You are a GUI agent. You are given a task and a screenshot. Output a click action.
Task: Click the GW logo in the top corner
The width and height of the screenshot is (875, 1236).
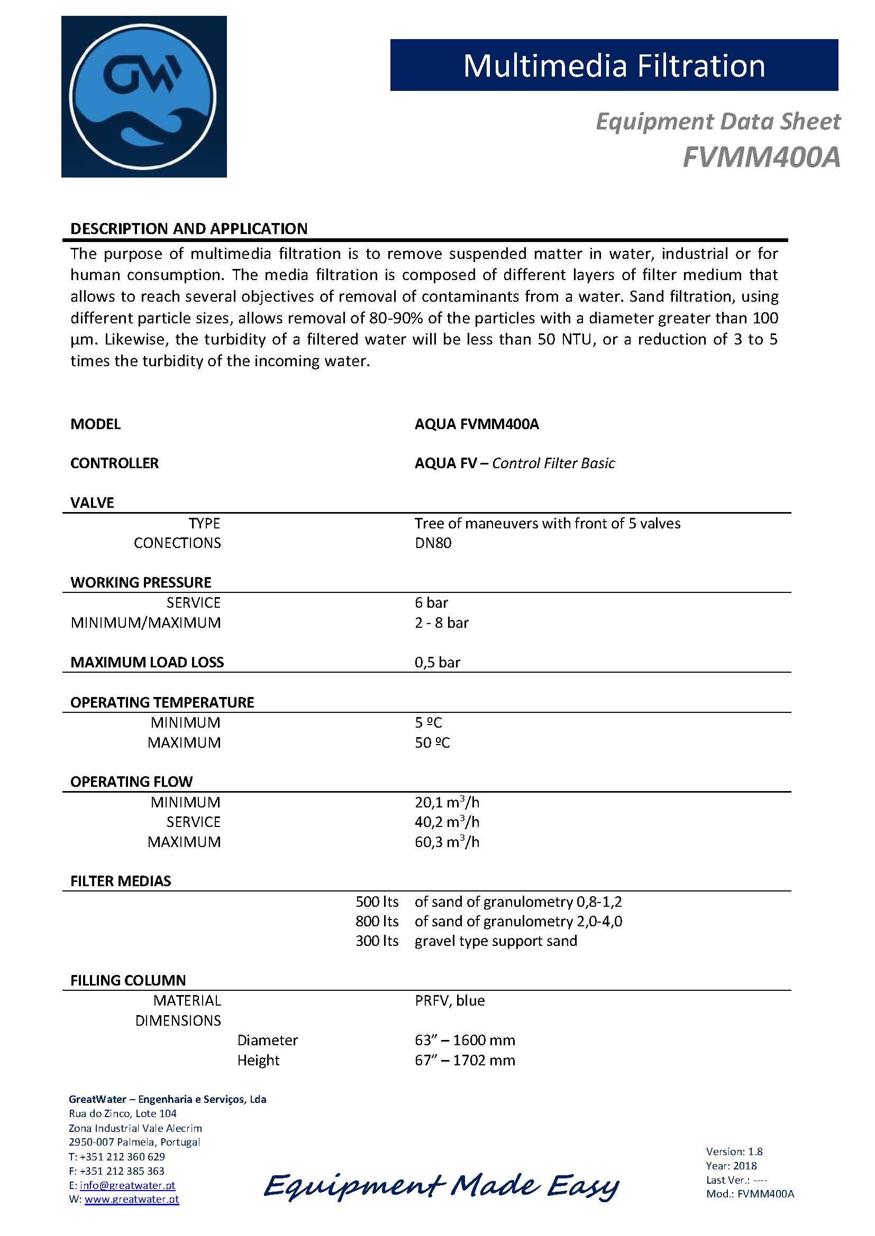point(144,97)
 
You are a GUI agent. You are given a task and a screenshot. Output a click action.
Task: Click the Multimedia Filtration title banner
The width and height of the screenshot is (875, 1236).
point(614,65)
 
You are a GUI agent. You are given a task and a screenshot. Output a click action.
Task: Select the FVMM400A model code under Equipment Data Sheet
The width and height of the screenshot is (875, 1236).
point(761,157)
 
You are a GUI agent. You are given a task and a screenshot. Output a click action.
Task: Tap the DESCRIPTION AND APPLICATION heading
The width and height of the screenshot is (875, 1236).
point(188,229)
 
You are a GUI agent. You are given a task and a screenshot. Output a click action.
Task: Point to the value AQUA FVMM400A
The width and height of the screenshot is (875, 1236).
point(476,424)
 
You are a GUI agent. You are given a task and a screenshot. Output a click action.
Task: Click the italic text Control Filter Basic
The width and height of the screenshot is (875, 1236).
point(553,463)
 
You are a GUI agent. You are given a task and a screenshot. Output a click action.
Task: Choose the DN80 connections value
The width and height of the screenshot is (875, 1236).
point(433,543)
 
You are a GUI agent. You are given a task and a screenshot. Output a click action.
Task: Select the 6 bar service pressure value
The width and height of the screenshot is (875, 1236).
point(431,602)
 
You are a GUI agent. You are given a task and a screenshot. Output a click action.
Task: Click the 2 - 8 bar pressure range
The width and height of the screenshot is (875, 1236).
point(441,622)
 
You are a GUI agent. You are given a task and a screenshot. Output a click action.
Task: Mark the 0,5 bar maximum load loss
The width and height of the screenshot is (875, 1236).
point(437,662)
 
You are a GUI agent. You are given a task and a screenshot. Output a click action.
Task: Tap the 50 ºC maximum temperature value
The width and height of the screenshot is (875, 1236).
point(432,742)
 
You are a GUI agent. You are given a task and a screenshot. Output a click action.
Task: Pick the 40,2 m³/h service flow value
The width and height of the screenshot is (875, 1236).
point(446,822)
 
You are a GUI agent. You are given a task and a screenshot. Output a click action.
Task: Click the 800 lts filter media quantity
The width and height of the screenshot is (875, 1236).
point(377,921)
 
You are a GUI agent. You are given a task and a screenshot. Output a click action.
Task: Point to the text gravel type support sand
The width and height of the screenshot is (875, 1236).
point(496,941)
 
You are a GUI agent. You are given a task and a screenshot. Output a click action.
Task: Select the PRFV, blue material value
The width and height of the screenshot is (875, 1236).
point(449,1000)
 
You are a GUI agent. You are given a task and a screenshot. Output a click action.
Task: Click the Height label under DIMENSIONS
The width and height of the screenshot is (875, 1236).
point(258,1060)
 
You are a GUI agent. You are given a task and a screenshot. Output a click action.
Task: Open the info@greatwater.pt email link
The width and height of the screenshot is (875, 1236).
point(127,1185)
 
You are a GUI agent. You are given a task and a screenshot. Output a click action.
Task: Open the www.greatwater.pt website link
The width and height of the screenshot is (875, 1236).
point(132,1200)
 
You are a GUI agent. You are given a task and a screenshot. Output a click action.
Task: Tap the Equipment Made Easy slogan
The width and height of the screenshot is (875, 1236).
point(441,1186)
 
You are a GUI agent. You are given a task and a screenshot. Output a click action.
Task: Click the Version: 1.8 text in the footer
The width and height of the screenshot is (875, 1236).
point(734,1151)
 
